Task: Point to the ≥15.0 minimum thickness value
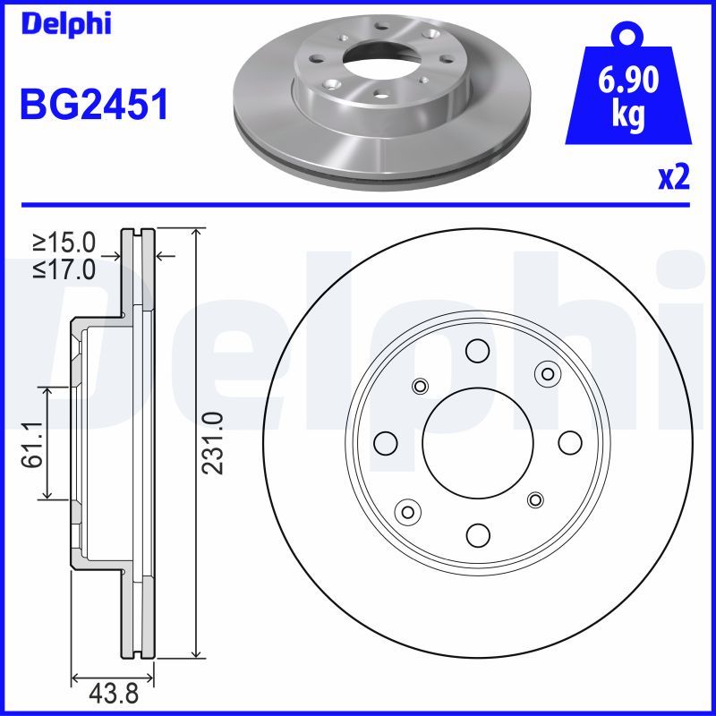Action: pos(64,242)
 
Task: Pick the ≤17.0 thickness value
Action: pos(64,268)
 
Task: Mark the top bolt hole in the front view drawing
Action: pos(478,350)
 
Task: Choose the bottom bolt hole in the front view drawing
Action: pos(478,535)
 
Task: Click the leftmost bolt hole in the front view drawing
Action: pos(386,442)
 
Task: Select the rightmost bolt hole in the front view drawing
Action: pos(570,442)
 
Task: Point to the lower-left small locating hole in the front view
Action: pos(410,512)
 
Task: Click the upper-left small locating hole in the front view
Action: pos(420,386)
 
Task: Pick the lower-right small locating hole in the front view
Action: pos(535,499)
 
